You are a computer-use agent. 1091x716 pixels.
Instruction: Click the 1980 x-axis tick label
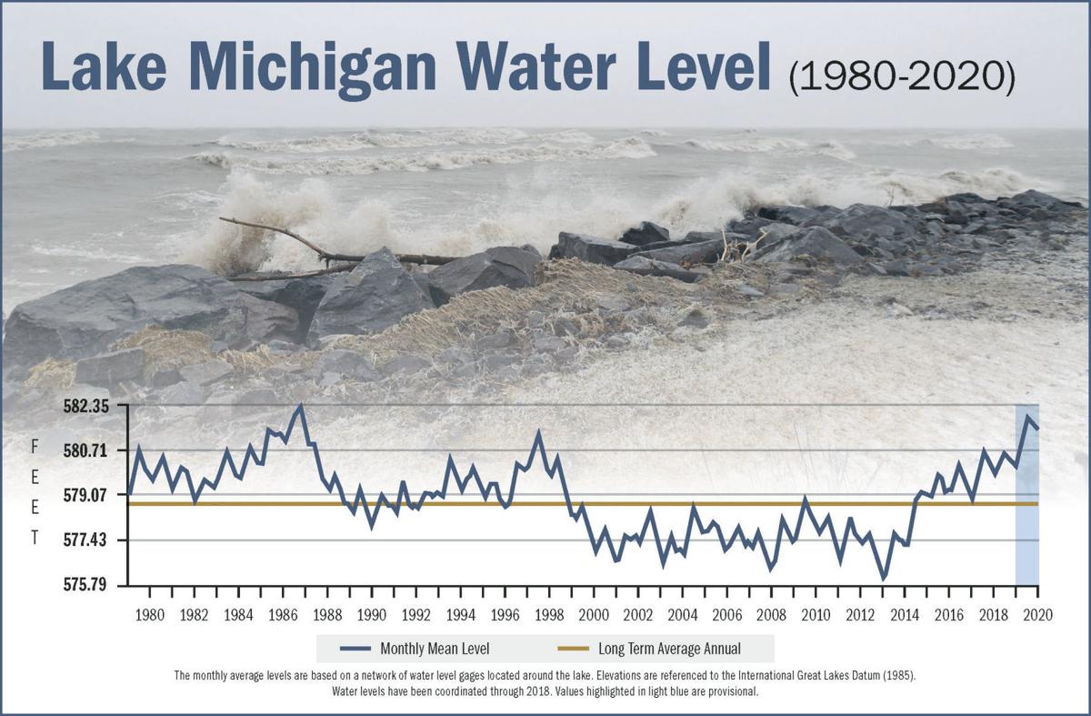[x=150, y=614]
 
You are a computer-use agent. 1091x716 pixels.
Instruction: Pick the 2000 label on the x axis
[x=594, y=614]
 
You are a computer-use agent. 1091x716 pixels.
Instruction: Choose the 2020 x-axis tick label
[x=1037, y=614]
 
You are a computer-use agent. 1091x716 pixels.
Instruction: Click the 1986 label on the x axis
[x=283, y=614]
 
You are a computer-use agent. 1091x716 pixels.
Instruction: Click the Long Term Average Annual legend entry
[x=656, y=649]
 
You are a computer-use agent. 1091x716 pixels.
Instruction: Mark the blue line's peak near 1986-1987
[x=301, y=407]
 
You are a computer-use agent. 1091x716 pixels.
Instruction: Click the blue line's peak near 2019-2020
[x=1027, y=417]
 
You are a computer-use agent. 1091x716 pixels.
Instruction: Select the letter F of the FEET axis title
[x=35, y=447]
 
